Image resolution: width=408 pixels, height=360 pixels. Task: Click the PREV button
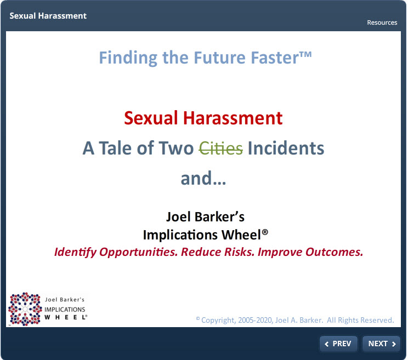(338, 344)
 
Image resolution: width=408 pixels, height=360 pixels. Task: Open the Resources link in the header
(382, 22)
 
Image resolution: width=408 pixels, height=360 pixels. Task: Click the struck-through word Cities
(221, 148)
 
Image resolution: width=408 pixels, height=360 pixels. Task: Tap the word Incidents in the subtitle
(286, 148)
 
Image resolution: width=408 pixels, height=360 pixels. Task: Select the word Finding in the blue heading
(128, 58)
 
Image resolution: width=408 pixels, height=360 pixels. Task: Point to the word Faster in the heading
(275, 58)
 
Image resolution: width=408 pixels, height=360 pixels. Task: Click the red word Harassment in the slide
(233, 118)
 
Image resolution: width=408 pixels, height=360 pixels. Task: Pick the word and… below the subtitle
(203, 178)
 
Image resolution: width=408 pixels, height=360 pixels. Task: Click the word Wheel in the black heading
(241, 235)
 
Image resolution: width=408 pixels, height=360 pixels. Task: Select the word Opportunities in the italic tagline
(138, 252)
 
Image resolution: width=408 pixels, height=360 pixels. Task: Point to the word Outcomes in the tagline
(335, 252)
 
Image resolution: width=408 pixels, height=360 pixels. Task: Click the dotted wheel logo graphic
(25, 309)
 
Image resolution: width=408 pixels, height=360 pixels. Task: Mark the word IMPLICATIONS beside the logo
(65, 309)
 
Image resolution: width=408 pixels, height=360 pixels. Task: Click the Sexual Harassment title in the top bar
(48, 16)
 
